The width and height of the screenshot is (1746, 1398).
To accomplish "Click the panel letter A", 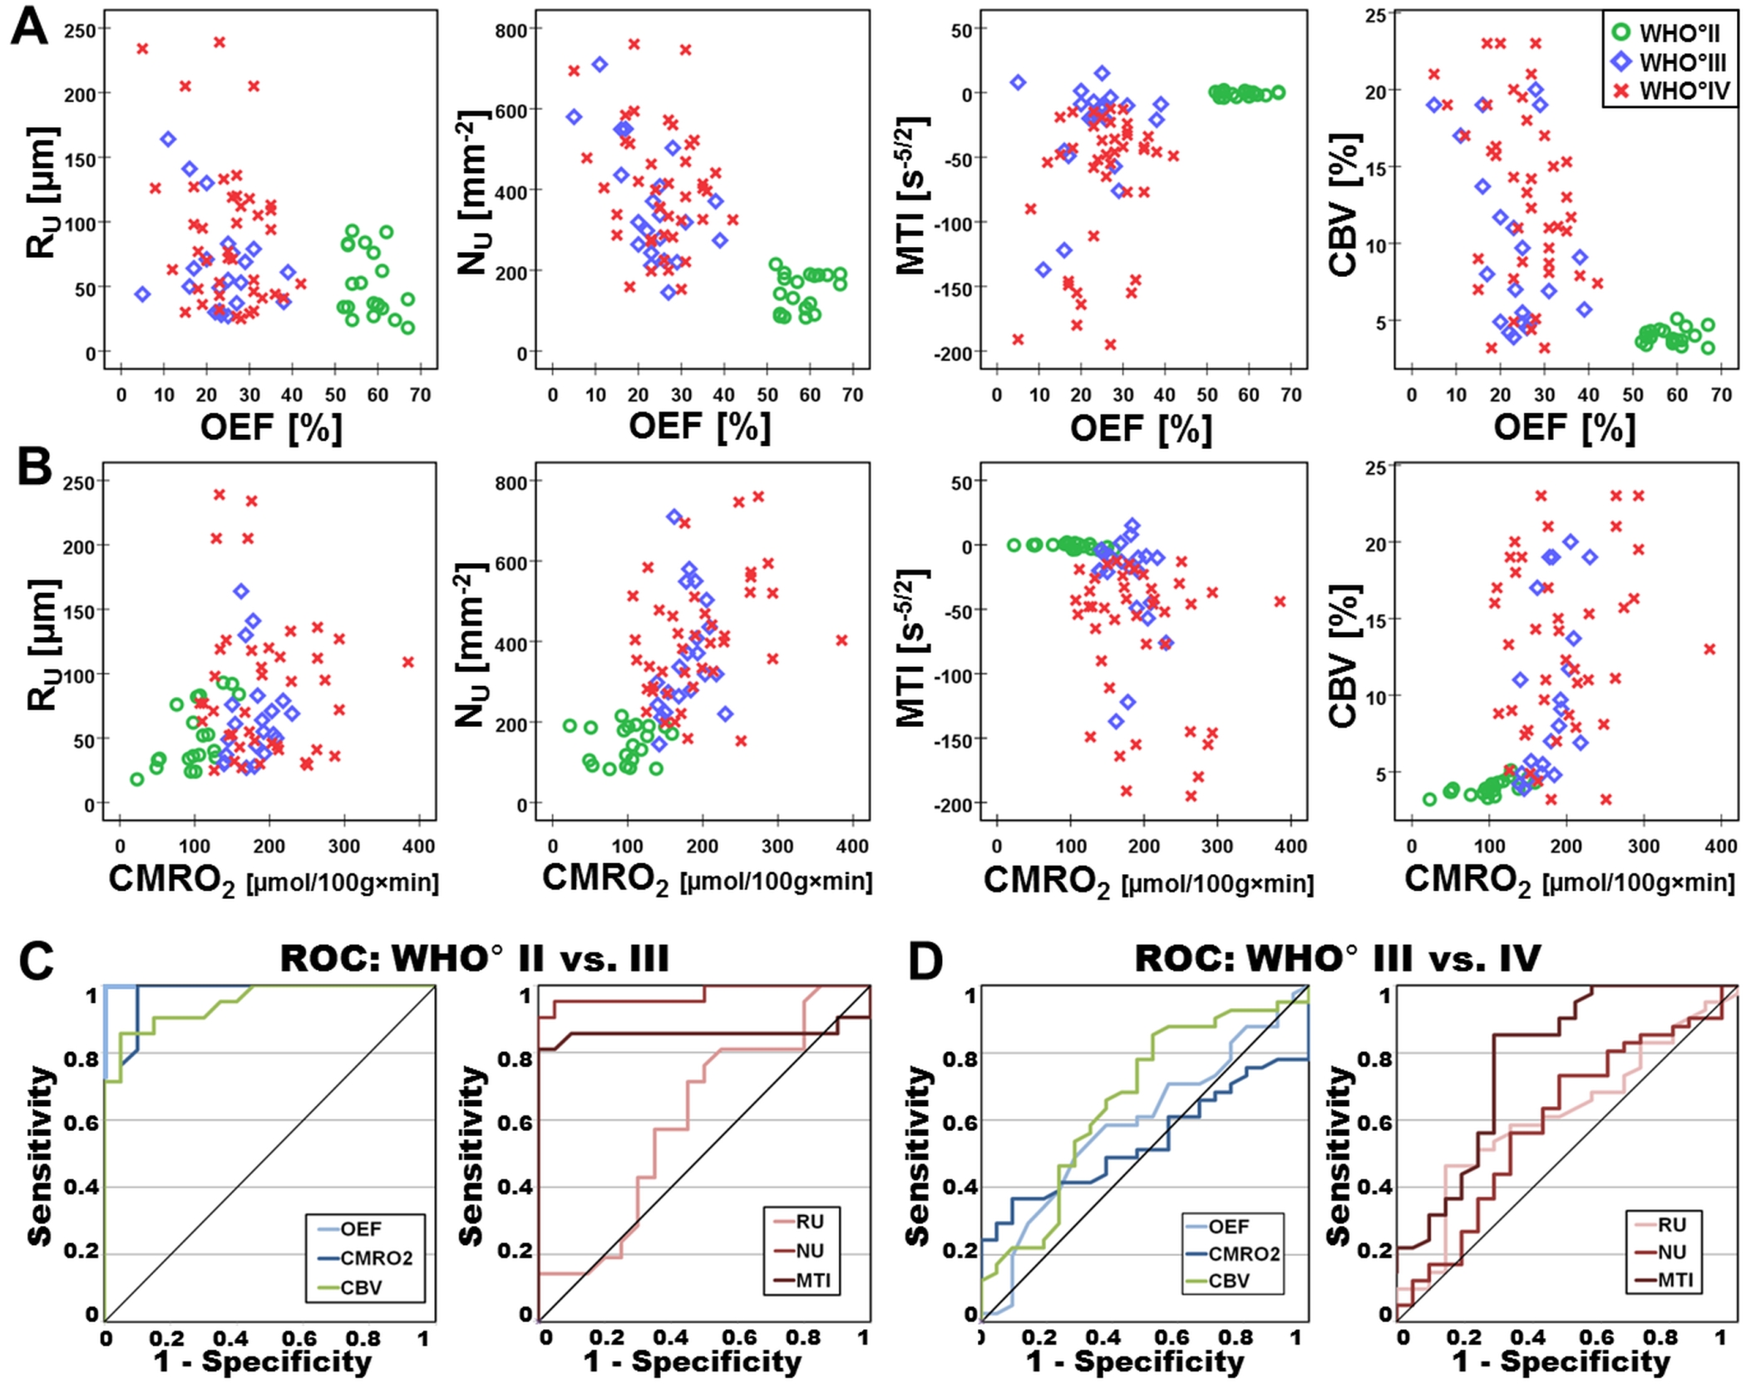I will [30, 27].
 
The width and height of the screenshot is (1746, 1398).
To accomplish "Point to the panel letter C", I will [36, 961].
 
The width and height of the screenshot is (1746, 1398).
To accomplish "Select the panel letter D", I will [925, 961].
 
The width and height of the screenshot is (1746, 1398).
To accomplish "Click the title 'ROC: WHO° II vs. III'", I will [474, 958].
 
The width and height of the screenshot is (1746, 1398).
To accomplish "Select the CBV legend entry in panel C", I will [361, 1287].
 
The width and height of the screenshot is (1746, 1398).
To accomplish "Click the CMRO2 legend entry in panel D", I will [1243, 1254].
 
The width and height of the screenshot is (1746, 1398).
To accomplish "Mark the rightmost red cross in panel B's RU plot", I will [408, 662].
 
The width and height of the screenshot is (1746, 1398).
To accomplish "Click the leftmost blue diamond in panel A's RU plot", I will [142, 294].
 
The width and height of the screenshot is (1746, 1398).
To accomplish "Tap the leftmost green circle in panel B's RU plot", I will [137, 779].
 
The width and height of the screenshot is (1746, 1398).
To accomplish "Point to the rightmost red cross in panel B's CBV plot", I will [1709, 649].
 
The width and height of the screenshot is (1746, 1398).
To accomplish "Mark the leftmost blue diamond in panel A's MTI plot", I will [1018, 82].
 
